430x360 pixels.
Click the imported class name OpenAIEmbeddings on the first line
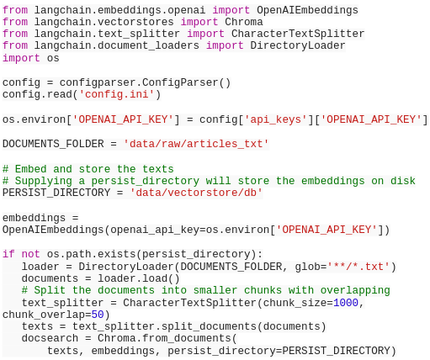coord(307,10)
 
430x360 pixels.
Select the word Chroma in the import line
coord(244,22)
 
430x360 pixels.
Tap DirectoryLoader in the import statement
coord(298,45)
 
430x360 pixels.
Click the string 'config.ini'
coord(116,94)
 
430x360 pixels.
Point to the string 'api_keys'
coord(276,119)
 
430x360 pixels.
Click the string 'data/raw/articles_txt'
coord(196,144)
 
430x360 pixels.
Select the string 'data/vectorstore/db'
coord(196,193)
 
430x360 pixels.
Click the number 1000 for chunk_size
coord(346,303)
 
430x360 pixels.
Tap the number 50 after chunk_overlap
coord(98,315)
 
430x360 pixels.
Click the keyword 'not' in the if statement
coord(30,254)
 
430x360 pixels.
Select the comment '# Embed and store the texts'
coord(88,169)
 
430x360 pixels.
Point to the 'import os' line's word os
coord(53,58)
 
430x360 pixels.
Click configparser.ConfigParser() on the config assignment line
coord(145,82)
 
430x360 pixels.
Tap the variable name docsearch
coord(50,338)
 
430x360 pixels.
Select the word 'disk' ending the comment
coord(403,181)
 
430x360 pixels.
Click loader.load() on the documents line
coord(138,278)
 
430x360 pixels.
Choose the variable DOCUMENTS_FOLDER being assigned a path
coord(53,144)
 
